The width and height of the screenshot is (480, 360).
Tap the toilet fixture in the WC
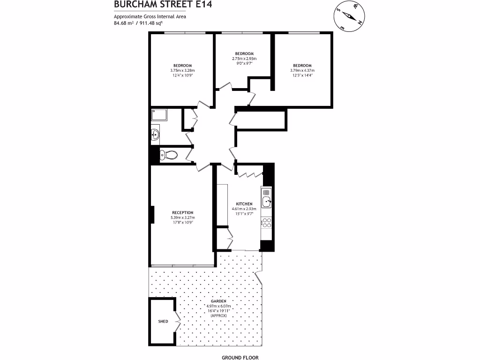tap(168, 155)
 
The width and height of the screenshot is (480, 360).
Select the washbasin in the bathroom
tap(155, 135)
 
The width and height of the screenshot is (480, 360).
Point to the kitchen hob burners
tap(266, 223)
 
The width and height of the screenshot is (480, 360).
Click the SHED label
tap(163, 322)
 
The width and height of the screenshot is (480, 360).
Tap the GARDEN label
tap(216, 301)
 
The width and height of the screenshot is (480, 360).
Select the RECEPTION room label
tap(182, 213)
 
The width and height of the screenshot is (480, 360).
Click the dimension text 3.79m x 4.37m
tap(302, 71)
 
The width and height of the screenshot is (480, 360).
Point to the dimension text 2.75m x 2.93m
tap(244, 58)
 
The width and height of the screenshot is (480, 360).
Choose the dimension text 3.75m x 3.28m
tap(182, 70)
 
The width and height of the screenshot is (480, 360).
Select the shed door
tap(178, 322)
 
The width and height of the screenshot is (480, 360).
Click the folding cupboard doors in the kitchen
tap(250, 174)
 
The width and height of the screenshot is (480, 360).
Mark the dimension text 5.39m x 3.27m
tap(182, 217)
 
